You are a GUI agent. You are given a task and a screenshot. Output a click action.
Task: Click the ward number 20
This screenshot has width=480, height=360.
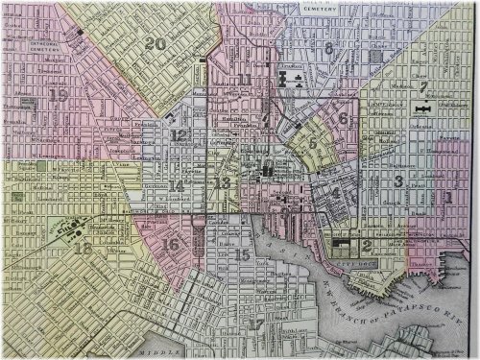point(155,43)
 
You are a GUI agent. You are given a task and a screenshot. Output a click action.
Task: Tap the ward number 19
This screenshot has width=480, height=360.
point(59,95)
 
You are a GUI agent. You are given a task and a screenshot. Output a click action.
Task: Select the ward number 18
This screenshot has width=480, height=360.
point(84,249)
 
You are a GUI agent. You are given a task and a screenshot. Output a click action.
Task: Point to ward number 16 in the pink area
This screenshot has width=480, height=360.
point(170,244)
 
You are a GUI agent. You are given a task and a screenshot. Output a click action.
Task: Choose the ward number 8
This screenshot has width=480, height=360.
point(328,48)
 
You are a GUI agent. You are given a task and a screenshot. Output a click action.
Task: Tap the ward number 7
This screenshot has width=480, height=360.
point(421,85)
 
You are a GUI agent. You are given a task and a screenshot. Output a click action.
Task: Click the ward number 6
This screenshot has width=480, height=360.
point(343,118)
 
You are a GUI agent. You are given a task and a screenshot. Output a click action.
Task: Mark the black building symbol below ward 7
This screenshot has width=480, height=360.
point(421,112)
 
